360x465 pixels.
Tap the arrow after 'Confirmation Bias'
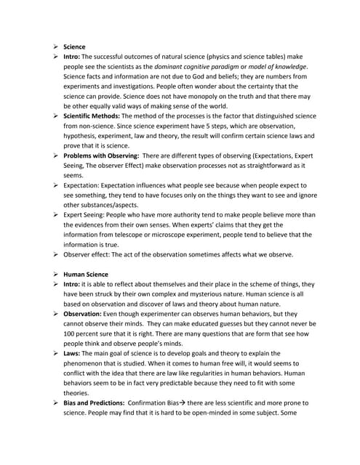point(206,402)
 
